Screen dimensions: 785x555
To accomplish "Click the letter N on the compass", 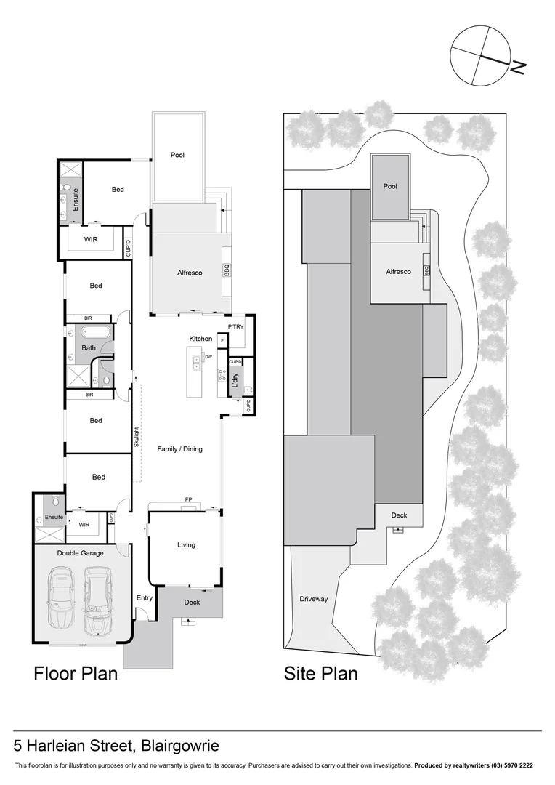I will coord(517,67).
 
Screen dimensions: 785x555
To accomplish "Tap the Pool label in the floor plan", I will coord(177,155).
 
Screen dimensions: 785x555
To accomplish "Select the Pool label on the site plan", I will coord(390,187).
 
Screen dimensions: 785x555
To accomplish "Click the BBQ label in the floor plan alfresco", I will coord(227,270).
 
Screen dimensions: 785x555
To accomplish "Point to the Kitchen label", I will coord(200,339).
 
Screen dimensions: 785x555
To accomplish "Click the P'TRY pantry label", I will coord(235,327).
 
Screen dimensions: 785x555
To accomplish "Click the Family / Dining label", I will coord(179,449).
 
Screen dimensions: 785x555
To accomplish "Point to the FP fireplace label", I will coord(188,500).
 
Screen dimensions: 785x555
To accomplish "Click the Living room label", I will coord(186,544).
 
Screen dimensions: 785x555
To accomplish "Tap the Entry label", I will coord(145,598).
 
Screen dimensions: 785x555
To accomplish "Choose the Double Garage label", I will coord(80,553).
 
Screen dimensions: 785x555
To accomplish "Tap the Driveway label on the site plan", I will coord(314,600).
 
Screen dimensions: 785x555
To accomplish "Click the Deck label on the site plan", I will coord(399,515).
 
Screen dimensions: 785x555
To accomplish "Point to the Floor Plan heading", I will coord(76,674).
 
